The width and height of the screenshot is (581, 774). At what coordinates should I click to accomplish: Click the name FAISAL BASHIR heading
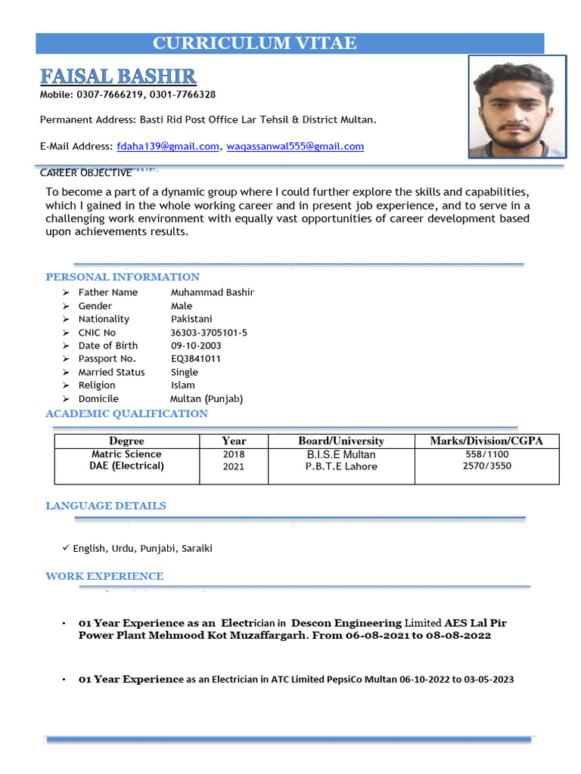click(x=118, y=76)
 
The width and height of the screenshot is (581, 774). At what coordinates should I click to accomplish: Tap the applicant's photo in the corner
click(x=517, y=106)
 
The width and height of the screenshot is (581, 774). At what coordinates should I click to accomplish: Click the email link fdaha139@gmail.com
click(x=167, y=146)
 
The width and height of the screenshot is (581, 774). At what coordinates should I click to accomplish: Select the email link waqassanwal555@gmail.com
click(x=295, y=146)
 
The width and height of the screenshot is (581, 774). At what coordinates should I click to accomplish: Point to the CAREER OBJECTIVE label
click(x=85, y=173)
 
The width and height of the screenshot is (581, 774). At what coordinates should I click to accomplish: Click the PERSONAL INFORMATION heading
click(x=123, y=277)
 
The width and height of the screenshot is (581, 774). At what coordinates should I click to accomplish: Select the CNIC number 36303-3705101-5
click(x=209, y=333)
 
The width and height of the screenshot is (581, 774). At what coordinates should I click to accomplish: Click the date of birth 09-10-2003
click(x=196, y=345)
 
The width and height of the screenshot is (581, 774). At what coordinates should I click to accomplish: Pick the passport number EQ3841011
click(x=196, y=358)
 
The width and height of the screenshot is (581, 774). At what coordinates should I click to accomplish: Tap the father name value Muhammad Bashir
click(x=213, y=293)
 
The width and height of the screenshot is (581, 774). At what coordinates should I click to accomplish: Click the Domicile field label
click(x=98, y=398)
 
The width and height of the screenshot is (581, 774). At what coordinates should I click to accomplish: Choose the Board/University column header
click(x=340, y=441)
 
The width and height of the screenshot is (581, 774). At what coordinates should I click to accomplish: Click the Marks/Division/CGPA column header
click(x=486, y=441)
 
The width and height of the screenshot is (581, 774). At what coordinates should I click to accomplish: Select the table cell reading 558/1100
click(x=486, y=454)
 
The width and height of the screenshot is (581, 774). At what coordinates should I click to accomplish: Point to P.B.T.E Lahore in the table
click(x=341, y=466)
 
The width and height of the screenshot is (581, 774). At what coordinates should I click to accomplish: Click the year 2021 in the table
click(x=234, y=466)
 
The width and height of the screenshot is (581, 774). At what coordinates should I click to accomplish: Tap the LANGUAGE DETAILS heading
click(x=106, y=506)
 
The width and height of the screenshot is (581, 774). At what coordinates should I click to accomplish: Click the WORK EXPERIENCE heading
click(x=104, y=576)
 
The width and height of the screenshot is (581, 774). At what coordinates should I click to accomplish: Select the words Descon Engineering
click(x=346, y=623)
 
